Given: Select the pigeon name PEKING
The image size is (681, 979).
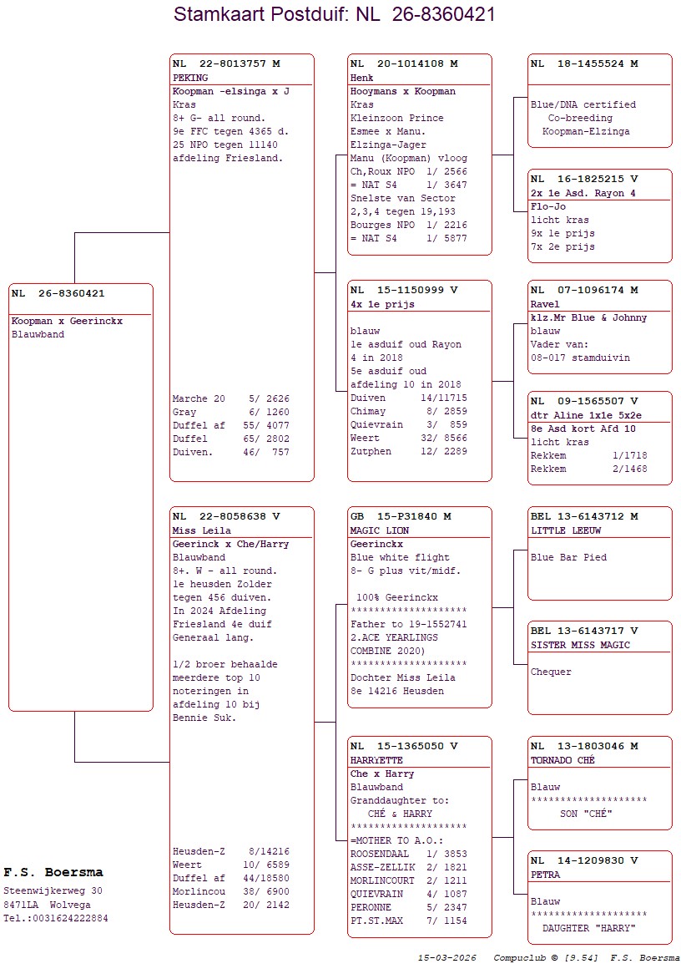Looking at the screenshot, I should click(x=190, y=78).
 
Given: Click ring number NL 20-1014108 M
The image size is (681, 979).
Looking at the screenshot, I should click(x=404, y=63).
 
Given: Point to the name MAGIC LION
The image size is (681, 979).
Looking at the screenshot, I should click(x=381, y=530).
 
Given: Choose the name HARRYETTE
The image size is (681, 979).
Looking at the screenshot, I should click(x=376, y=760).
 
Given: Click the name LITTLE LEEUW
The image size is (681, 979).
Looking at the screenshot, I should click(x=566, y=530).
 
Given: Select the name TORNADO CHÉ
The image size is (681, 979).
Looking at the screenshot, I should click(x=562, y=760).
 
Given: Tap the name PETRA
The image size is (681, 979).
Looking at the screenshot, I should click(x=546, y=875).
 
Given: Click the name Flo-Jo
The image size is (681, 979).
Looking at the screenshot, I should click(x=548, y=206).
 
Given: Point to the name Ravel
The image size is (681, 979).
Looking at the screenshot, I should click(x=545, y=304).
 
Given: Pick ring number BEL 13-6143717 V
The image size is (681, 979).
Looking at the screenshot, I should click(x=584, y=631).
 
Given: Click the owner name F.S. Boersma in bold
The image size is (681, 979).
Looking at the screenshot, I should click(x=53, y=872).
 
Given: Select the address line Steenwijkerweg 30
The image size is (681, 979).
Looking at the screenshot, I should click(x=53, y=890).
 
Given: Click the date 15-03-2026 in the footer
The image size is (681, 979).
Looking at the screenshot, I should click(x=447, y=957).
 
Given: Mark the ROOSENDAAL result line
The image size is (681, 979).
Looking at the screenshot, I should click(x=408, y=854).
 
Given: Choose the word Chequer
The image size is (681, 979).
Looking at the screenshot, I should click(x=551, y=672).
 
